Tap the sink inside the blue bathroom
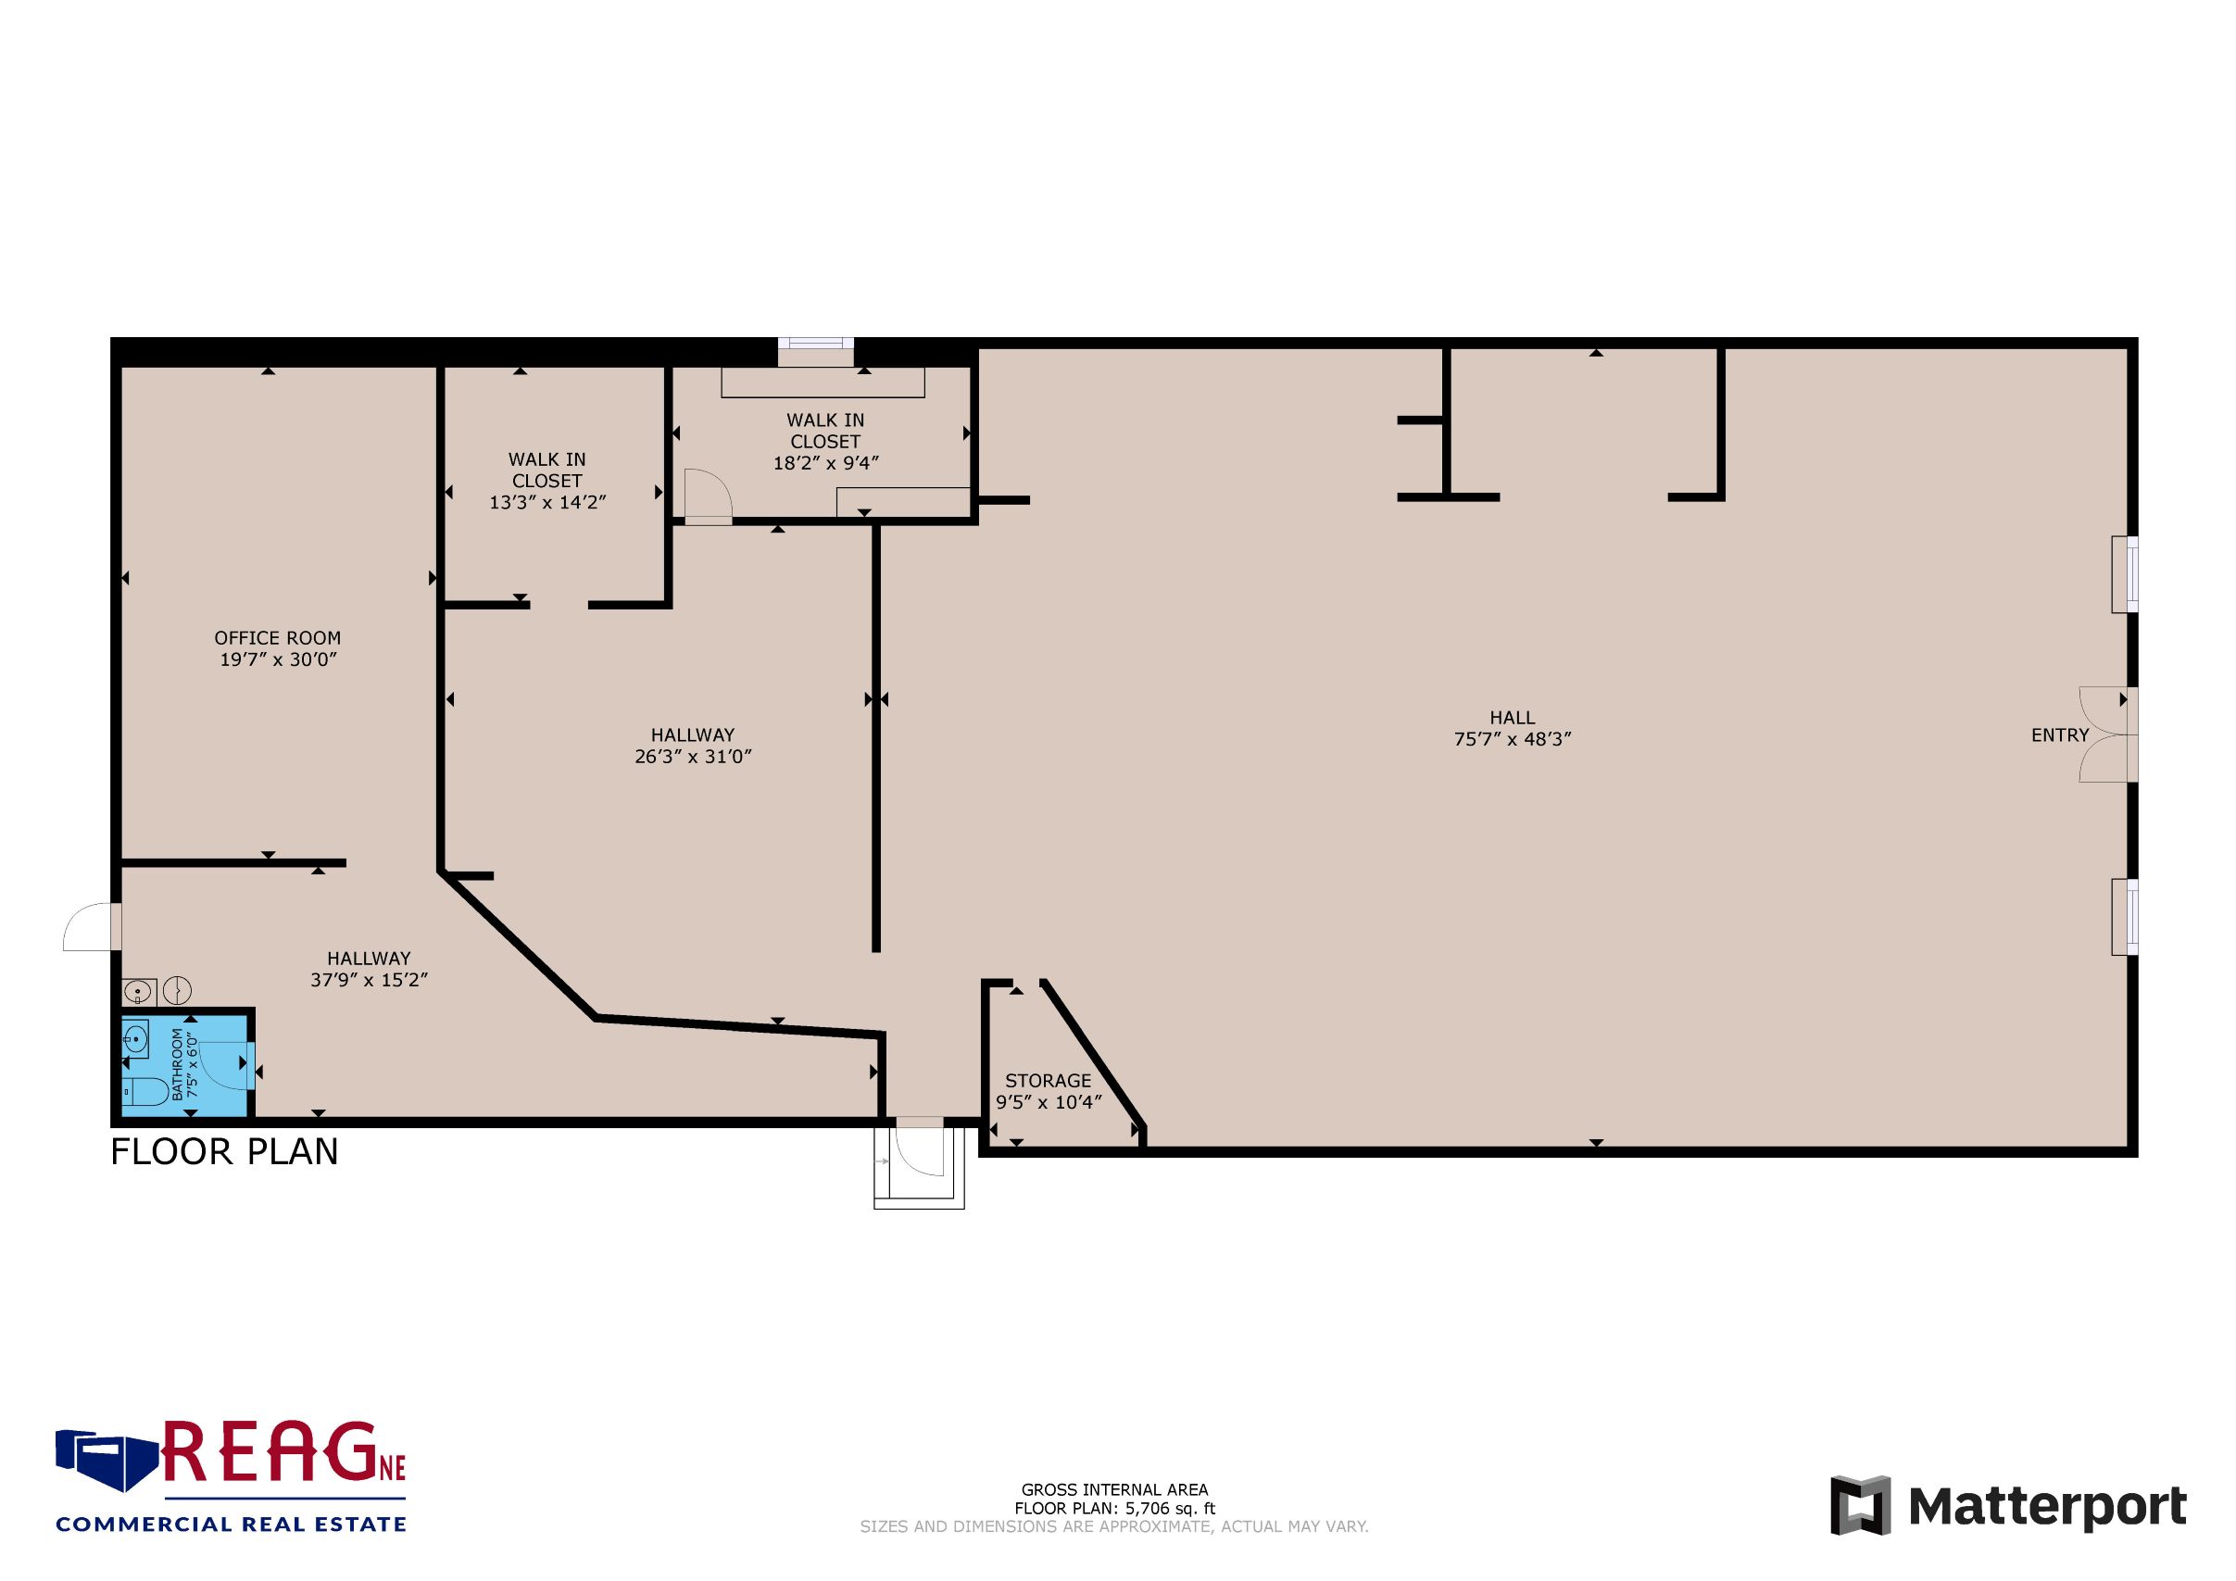click(x=135, y=1040)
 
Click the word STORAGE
click(x=1048, y=1081)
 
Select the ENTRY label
click(x=2060, y=735)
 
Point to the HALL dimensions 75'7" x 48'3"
click(x=1513, y=739)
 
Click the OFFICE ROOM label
click(x=278, y=637)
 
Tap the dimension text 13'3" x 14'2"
click(x=547, y=502)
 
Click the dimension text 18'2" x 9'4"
click(x=826, y=463)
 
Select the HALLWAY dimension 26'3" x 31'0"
click(x=693, y=757)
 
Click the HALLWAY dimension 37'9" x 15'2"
click(x=369, y=979)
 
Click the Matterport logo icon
click(x=1860, y=1505)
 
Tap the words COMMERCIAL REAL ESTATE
click(x=231, y=1525)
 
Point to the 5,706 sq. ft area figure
click(x=1171, y=1509)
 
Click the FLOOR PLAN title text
click(x=224, y=1151)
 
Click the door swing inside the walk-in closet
click(x=708, y=496)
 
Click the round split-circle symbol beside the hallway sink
click(x=177, y=990)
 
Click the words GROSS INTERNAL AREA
click(x=1114, y=1489)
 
